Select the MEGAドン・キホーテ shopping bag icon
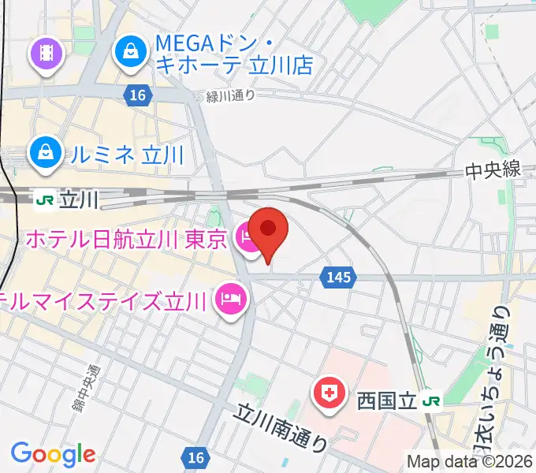click(x=129, y=52)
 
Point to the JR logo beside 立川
click(x=45, y=200)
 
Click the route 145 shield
click(x=337, y=277)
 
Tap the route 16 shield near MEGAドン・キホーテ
click(x=137, y=95)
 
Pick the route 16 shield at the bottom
click(x=196, y=456)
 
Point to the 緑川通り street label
click(x=231, y=96)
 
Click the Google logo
click(x=53, y=454)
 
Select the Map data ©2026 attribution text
click(x=470, y=461)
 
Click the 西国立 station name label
click(x=384, y=401)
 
